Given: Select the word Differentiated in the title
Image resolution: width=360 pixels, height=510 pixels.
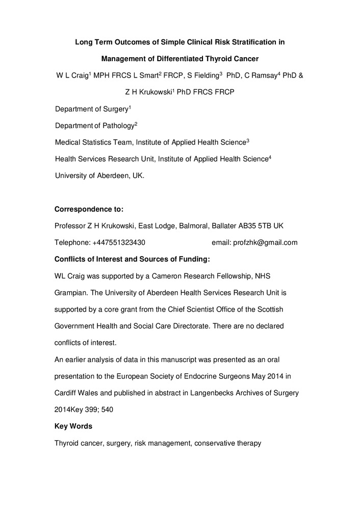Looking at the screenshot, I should click(x=192, y=59).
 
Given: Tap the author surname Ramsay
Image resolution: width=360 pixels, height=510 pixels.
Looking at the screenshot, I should click(x=262, y=76).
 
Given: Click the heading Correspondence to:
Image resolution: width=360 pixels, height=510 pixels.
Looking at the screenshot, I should click(x=89, y=209).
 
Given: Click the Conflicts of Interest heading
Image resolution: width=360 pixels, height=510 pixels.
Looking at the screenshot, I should click(x=132, y=259).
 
